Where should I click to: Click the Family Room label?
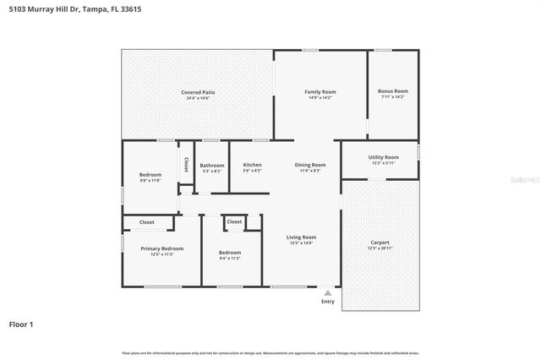320,91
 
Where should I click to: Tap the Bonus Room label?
393,91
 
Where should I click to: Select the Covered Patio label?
197,92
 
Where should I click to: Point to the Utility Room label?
377,157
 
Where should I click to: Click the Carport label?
380,243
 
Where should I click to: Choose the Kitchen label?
252,165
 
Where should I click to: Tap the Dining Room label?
310,165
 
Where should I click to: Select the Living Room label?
302,237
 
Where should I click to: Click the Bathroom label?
212,165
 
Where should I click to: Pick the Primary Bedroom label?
162,248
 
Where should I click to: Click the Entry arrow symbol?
328,292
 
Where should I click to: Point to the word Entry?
328,302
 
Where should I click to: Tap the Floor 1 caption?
20,324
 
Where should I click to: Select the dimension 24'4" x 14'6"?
197,99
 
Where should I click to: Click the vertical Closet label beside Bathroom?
185,164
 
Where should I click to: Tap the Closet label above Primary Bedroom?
147,222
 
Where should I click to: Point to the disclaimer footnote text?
270,352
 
